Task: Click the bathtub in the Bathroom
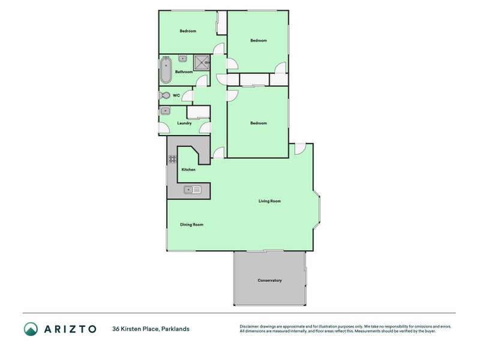pos(166,70)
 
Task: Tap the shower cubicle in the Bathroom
pos(202,62)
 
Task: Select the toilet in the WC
pos(164,95)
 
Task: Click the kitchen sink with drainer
pos(193,190)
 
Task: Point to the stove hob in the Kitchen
pos(173,159)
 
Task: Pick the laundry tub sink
pos(165,110)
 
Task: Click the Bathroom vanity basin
pos(183,58)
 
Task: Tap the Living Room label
pos(269,201)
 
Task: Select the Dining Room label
pos(192,224)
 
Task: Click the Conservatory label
pos(269,280)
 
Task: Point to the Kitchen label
pos(188,170)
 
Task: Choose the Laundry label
pos(184,124)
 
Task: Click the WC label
pos(176,95)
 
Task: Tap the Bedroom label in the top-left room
pos(188,31)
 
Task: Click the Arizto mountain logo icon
pos(31,328)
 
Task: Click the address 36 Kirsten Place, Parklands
pos(151,328)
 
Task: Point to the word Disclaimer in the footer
pos(250,326)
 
